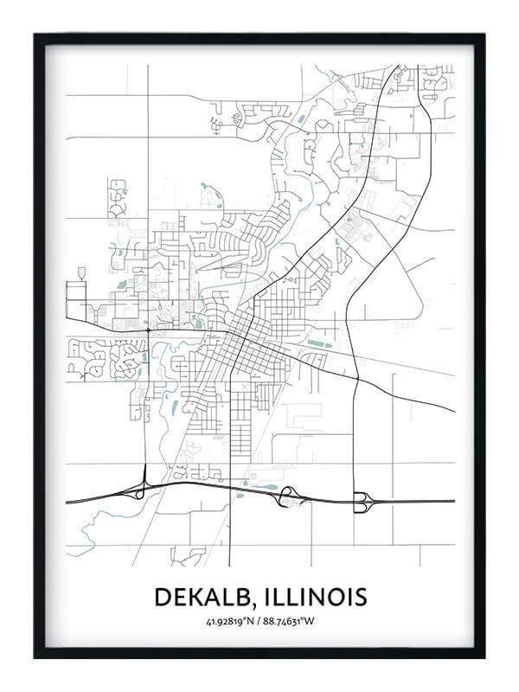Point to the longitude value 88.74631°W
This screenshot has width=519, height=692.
point(290,621)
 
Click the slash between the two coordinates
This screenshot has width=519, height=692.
point(259,621)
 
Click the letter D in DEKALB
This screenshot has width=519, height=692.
point(163,597)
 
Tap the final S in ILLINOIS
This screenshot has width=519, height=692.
point(360,597)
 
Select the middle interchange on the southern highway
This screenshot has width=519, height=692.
point(288,497)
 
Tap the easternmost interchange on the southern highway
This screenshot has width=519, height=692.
point(362,501)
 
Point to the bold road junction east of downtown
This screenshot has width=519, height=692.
point(356,377)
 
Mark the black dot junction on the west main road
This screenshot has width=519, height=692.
point(148,330)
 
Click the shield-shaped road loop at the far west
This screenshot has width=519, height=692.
point(82,273)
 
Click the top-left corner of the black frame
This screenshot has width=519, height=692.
point(35,35)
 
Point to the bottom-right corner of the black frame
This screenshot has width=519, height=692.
point(484,657)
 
